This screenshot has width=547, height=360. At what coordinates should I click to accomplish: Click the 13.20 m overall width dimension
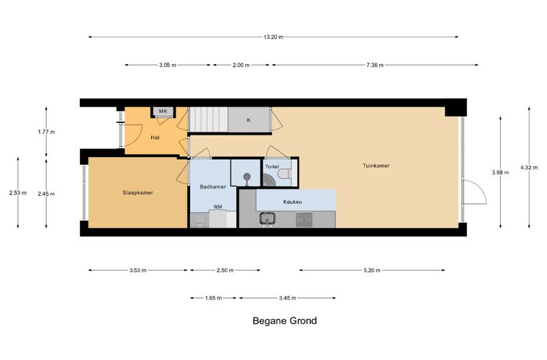point(273,37)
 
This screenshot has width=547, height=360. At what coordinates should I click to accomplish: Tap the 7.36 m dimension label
point(375,65)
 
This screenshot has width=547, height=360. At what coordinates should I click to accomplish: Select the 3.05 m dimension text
point(168,65)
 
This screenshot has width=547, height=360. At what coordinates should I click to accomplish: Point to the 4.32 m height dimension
point(529,168)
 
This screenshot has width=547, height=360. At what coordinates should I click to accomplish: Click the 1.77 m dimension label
point(46,132)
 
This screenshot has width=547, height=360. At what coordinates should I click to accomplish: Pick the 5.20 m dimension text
point(372,270)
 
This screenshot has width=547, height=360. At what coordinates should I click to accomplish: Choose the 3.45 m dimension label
point(287,298)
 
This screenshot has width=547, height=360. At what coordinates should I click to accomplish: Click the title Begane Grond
point(285,320)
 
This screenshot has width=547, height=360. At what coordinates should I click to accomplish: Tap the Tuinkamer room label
point(376,166)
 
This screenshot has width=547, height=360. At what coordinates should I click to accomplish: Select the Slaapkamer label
point(137,192)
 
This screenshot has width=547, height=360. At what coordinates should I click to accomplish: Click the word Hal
point(155,138)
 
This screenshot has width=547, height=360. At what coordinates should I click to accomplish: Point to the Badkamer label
point(213,186)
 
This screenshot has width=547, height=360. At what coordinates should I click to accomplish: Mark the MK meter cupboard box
point(163,112)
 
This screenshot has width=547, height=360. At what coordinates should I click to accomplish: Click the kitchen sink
point(268,219)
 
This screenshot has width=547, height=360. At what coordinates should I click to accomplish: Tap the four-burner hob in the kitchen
point(304,219)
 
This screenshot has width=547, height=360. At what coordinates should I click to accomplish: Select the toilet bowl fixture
point(285,173)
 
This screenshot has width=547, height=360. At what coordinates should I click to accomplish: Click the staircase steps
point(208,120)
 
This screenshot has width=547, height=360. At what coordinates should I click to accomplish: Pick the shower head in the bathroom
point(247,176)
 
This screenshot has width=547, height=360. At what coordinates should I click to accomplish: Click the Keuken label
point(292,202)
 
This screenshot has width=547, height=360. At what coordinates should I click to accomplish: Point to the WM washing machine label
point(217,207)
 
